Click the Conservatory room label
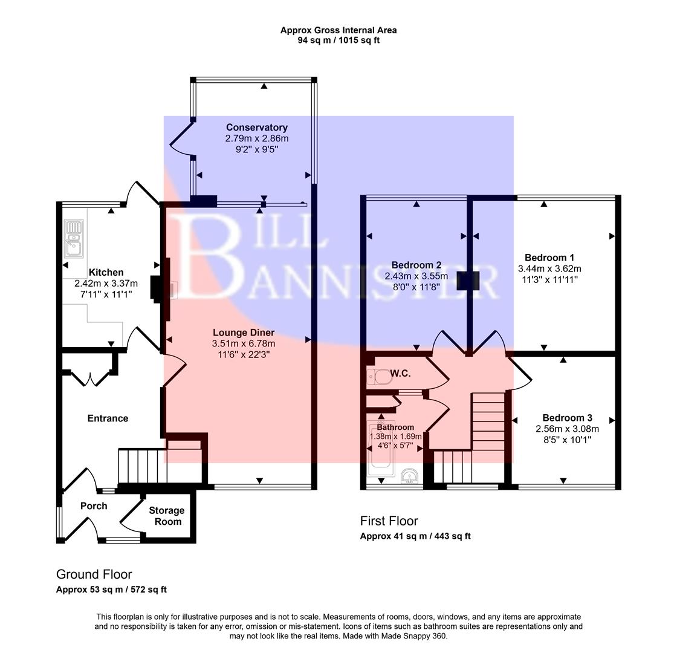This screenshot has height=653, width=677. pyautogui.click(x=256, y=128)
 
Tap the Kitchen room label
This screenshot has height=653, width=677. pyautogui.click(x=106, y=273)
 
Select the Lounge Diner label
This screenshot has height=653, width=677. pyautogui.click(x=243, y=333)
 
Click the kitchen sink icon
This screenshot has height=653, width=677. pyautogui.click(x=73, y=238)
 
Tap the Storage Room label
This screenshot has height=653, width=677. pyautogui.click(x=166, y=516)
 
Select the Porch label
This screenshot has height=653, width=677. pyautogui.click(x=94, y=506)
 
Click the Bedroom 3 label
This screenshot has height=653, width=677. pyautogui.click(x=566, y=418)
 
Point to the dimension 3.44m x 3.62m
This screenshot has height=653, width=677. pyautogui.click(x=549, y=268)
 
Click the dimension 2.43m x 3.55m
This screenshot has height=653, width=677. pyautogui.click(x=416, y=276)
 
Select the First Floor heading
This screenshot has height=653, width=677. pyautogui.click(x=389, y=521)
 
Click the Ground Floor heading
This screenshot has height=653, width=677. pyautogui.click(x=94, y=574)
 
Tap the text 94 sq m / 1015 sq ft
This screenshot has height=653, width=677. pyautogui.click(x=338, y=41)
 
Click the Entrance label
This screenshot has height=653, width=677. pyautogui.click(x=108, y=418)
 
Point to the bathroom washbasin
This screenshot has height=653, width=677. pyautogui.click(x=411, y=476)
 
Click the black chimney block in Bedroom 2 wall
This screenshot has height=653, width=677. pyautogui.click(x=468, y=281)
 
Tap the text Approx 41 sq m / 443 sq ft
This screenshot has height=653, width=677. pyautogui.click(x=415, y=536)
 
